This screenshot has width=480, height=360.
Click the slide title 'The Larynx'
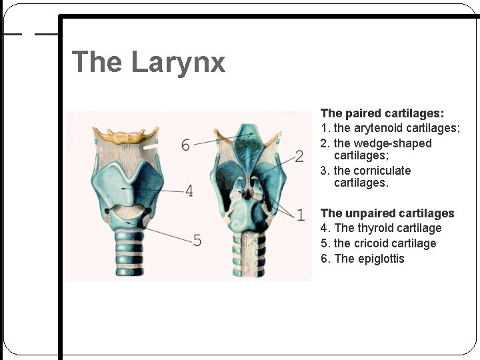click(x=148, y=62)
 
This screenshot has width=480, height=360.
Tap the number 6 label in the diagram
click(x=185, y=145)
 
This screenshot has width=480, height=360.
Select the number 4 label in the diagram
click(x=189, y=191)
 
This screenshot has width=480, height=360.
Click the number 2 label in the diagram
click(x=299, y=156)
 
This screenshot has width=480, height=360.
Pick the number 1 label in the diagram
click(x=301, y=214)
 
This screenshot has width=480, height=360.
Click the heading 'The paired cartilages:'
click(x=382, y=113)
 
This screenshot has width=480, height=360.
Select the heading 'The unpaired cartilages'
click(x=387, y=213)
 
